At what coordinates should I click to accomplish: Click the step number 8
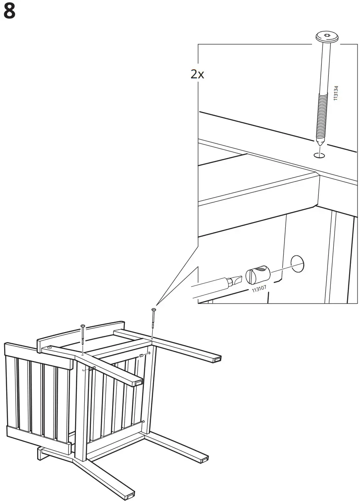click(x=9, y=12)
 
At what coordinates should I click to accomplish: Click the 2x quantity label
click(x=197, y=74)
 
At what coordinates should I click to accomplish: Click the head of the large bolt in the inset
click(x=326, y=37)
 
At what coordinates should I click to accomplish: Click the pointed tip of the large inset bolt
click(x=319, y=144)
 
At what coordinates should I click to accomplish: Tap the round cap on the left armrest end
click(x=50, y=347)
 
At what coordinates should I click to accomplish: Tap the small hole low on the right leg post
click(x=143, y=421)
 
